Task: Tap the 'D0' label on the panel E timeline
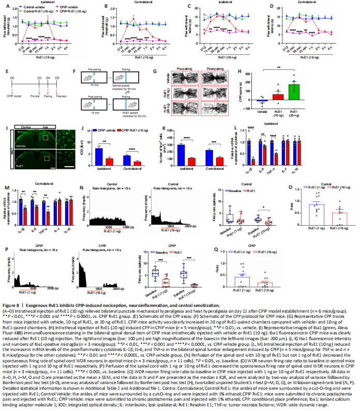coord(12,77)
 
